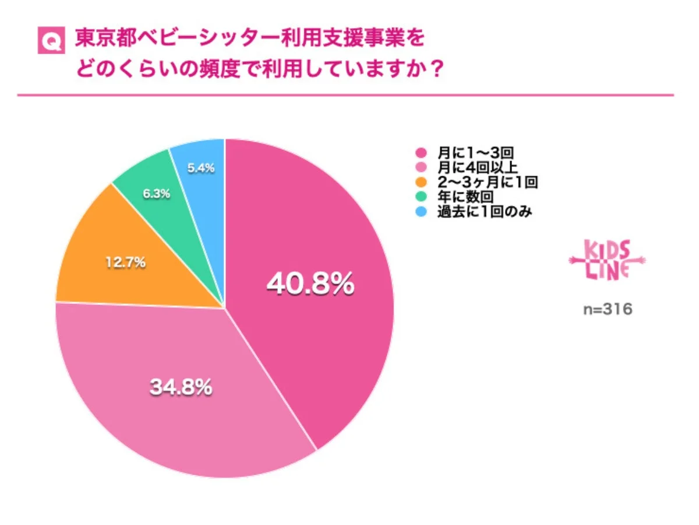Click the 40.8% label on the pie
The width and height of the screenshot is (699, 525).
310,284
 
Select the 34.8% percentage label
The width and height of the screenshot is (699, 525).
181,387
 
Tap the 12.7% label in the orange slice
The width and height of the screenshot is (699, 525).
125,263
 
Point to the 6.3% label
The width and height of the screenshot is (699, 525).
155,194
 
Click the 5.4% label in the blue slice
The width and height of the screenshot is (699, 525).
201,168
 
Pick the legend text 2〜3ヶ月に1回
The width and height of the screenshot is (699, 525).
487,183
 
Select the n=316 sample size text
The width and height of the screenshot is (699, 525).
608,309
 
